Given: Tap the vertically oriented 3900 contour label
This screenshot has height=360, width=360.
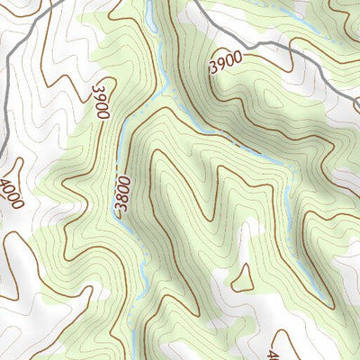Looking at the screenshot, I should pyautogui.click(x=100, y=99).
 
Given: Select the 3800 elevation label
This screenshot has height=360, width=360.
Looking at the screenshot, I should pyautogui.click(x=123, y=197).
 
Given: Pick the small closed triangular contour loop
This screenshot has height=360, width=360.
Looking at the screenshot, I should pyautogui.click(x=241, y=280).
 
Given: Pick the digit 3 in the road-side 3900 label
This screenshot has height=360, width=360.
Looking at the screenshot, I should pyautogui.click(x=213, y=68).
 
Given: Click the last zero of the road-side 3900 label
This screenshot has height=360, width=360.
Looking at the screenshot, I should pyautogui.click(x=238, y=56).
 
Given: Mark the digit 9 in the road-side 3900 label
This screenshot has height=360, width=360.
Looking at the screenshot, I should pyautogui.click(x=221, y=64).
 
